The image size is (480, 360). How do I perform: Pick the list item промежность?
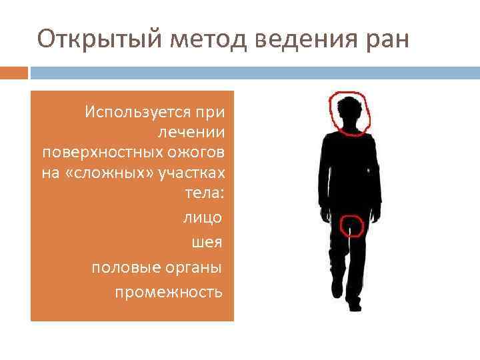(x=169, y=291)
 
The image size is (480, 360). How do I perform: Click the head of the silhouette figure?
(x=349, y=112)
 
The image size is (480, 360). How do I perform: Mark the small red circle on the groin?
(x=351, y=225)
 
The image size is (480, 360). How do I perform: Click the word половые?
(x=121, y=267)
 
